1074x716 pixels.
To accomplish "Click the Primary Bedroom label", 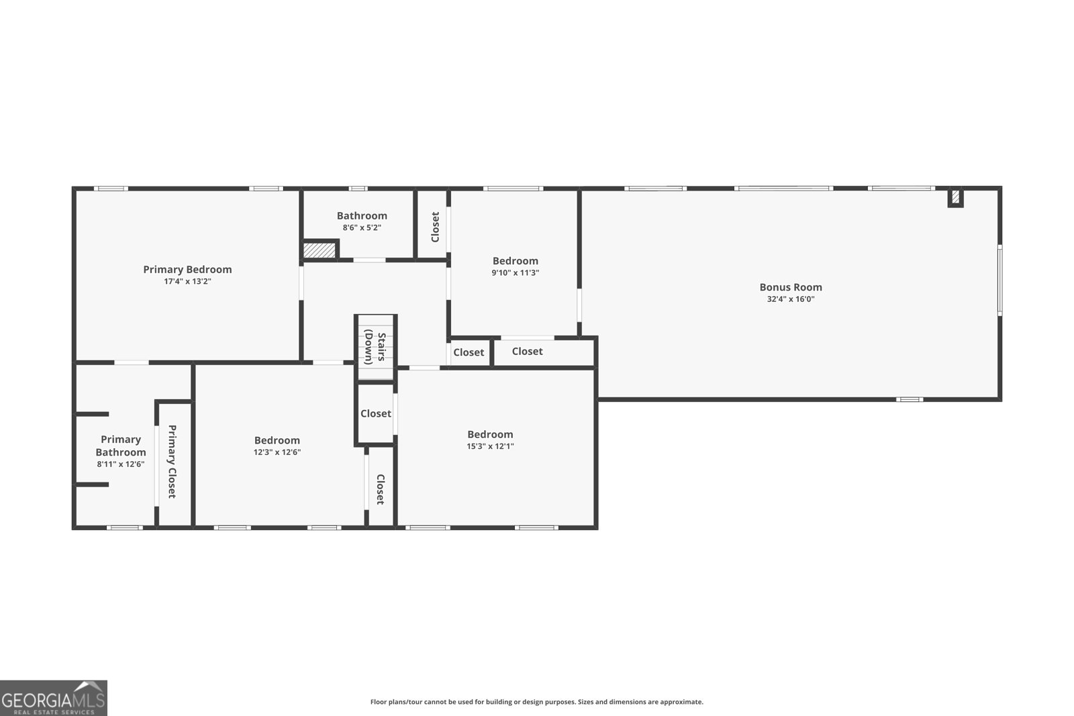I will (x=187, y=270).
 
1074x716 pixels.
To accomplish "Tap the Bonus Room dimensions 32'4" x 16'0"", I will (x=791, y=299).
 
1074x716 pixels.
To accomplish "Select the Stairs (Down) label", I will (x=376, y=347).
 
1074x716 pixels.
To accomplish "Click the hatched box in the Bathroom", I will (x=319, y=250).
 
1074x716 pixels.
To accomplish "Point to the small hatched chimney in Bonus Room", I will (x=955, y=197).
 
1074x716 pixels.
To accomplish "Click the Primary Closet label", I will (x=172, y=461).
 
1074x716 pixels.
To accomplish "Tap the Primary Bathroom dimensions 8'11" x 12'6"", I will (x=121, y=464).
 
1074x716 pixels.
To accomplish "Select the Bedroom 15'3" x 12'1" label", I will (x=490, y=435).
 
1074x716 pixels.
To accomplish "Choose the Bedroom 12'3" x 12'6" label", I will (x=277, y=441).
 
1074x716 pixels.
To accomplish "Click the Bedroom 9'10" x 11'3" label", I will (x=516, y=261).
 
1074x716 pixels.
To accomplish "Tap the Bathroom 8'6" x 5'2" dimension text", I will (x=362, y=228).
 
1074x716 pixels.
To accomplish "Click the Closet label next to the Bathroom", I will (x=435, y=227).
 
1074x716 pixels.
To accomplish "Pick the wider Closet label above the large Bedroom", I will (x=527, y=352).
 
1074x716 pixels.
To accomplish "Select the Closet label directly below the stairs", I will (x=375, y=414).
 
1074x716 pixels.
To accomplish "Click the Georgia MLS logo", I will (x=53, y=698).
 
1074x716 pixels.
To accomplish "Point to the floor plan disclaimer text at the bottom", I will (x=536, y=702).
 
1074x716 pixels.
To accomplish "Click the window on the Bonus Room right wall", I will (x=999, y=280).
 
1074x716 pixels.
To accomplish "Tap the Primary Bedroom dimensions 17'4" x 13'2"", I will (x=187, y=282).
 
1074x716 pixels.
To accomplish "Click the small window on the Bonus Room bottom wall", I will (x=910, y=399).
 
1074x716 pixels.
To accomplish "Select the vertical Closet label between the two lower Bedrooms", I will (x=380, y=489).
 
